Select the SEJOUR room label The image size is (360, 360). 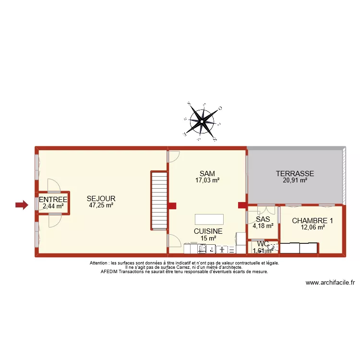[101, 198]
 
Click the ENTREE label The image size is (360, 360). [53, 200]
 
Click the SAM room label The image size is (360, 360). [207, 173]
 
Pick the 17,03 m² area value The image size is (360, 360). [207, 180]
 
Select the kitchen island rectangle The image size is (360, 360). [209, 219]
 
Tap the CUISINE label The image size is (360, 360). [208, 231]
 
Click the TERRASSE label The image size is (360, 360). [295, 173]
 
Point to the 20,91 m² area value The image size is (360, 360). [295, 180]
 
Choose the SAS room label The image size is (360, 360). [263, 219]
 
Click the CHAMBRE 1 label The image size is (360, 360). [312, 221]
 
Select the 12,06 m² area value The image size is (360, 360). [312, 228]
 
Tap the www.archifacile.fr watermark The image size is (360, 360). [330, 283]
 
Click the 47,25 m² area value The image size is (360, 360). [101, 205]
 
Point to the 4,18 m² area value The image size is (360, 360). [263, 226]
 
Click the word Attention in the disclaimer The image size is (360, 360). [99, 263]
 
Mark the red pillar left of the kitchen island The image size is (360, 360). [172, 206]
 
